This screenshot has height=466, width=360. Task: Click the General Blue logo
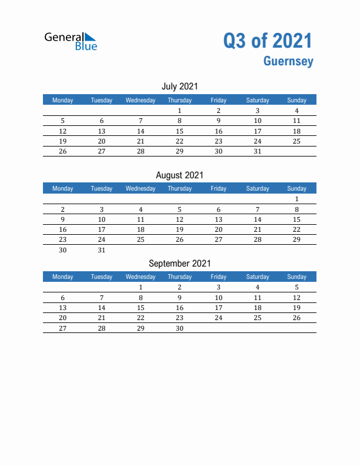click(x=71, y=41)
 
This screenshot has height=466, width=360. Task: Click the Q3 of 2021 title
click(x=268, y=41)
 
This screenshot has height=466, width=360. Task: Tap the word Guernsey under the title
click(x=288, y=61)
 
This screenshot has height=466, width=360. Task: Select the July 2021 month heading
click(x=179, y=86)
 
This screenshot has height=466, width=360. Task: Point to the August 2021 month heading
click(x=179, y=175)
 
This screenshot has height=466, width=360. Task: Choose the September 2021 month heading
click(x=179, y=264)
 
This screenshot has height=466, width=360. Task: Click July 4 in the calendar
click(x=296, y=111)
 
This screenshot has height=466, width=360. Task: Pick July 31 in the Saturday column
click(x=258, y=151)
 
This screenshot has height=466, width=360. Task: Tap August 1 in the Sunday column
click(x=296, y=199)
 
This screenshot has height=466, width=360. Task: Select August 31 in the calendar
click(x=102, y=250)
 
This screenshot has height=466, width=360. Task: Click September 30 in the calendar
click(x=179, y=328)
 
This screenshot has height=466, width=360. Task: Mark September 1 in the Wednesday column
click(x=141, y=287)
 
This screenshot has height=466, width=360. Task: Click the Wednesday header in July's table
click(x=141, y=100)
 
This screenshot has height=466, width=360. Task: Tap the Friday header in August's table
click(x=218, y=188)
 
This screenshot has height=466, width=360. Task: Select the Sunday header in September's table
click(x=296, y=277)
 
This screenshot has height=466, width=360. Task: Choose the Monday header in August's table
click(x=63, y=188)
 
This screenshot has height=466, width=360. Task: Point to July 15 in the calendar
click(x=179, y=131)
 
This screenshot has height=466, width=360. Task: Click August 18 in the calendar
click(x=141, y=229)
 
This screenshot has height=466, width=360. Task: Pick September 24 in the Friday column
click(x=218, y=318)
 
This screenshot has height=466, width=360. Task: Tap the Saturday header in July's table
click(x=258, y=100)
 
